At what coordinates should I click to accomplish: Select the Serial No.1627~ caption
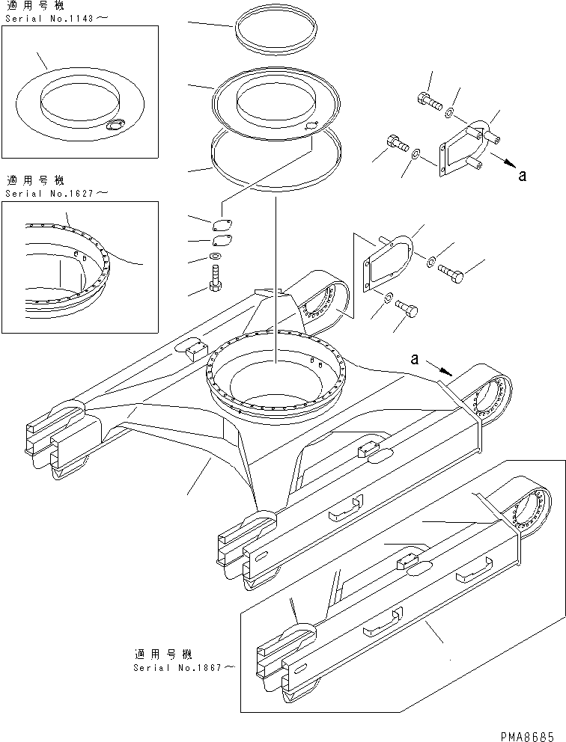[x=56, y=192]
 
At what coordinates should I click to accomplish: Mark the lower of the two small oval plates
[x=220, y=241]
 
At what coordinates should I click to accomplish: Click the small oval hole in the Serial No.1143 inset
[x=116, y=127]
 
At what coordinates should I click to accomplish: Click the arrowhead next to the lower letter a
[x=447, y=370]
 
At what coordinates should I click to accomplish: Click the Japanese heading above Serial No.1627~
[x=35, y=181]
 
